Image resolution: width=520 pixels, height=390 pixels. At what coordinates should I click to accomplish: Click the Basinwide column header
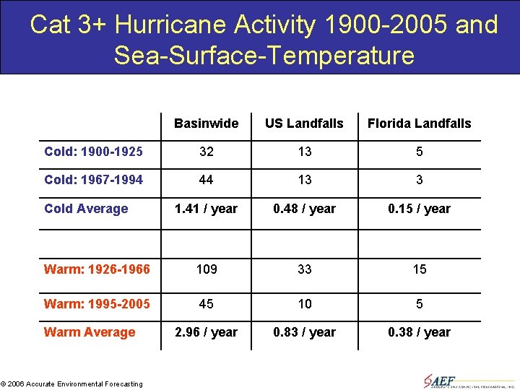point(206,123)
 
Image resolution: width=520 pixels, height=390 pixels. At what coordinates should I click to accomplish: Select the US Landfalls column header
point(304,123)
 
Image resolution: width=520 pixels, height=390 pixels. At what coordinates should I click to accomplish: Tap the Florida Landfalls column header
point(419,123)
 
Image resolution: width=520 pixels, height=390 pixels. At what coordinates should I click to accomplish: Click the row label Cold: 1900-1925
point(93,152)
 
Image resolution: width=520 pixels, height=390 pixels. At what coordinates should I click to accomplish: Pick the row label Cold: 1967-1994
point(93,180)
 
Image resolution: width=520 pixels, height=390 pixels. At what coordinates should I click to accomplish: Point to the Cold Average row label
point(86,209)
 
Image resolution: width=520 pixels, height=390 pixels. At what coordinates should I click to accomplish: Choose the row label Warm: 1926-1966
point(97,269)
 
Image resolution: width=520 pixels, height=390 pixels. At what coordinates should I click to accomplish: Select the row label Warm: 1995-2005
point(97,304)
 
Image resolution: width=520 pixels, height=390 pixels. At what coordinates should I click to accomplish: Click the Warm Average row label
point(90,332)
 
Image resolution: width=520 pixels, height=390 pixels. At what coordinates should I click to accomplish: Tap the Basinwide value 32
point(206,152)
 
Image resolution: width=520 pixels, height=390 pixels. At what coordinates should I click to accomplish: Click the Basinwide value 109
point(206,269)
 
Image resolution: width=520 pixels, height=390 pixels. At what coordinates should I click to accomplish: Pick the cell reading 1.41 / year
point(206,209)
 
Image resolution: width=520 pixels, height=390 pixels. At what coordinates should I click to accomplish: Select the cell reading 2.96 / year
point(206,332)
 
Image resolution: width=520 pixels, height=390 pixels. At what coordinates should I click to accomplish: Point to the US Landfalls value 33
point(305,269)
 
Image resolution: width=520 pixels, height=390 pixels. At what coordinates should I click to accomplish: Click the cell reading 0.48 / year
point(304,209)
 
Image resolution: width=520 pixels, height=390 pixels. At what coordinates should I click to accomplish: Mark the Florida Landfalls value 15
point(419,269)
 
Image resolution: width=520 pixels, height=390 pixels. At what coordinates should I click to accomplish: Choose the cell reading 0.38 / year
point(419,332)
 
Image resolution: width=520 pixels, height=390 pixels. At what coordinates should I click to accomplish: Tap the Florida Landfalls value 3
point(419,180)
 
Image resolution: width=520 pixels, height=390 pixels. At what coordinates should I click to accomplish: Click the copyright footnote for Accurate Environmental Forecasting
point(72,383)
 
